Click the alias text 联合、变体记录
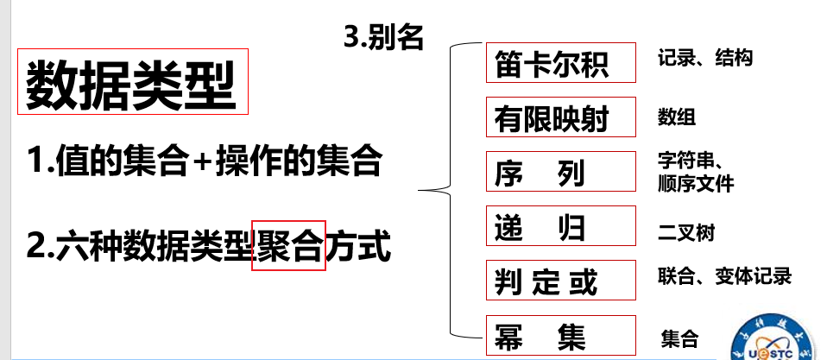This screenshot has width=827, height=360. coord(723,277)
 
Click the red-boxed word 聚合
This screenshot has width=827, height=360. coord(288,245)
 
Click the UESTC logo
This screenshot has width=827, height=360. coord(775,342)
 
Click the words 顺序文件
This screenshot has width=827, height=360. coord(695,184)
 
